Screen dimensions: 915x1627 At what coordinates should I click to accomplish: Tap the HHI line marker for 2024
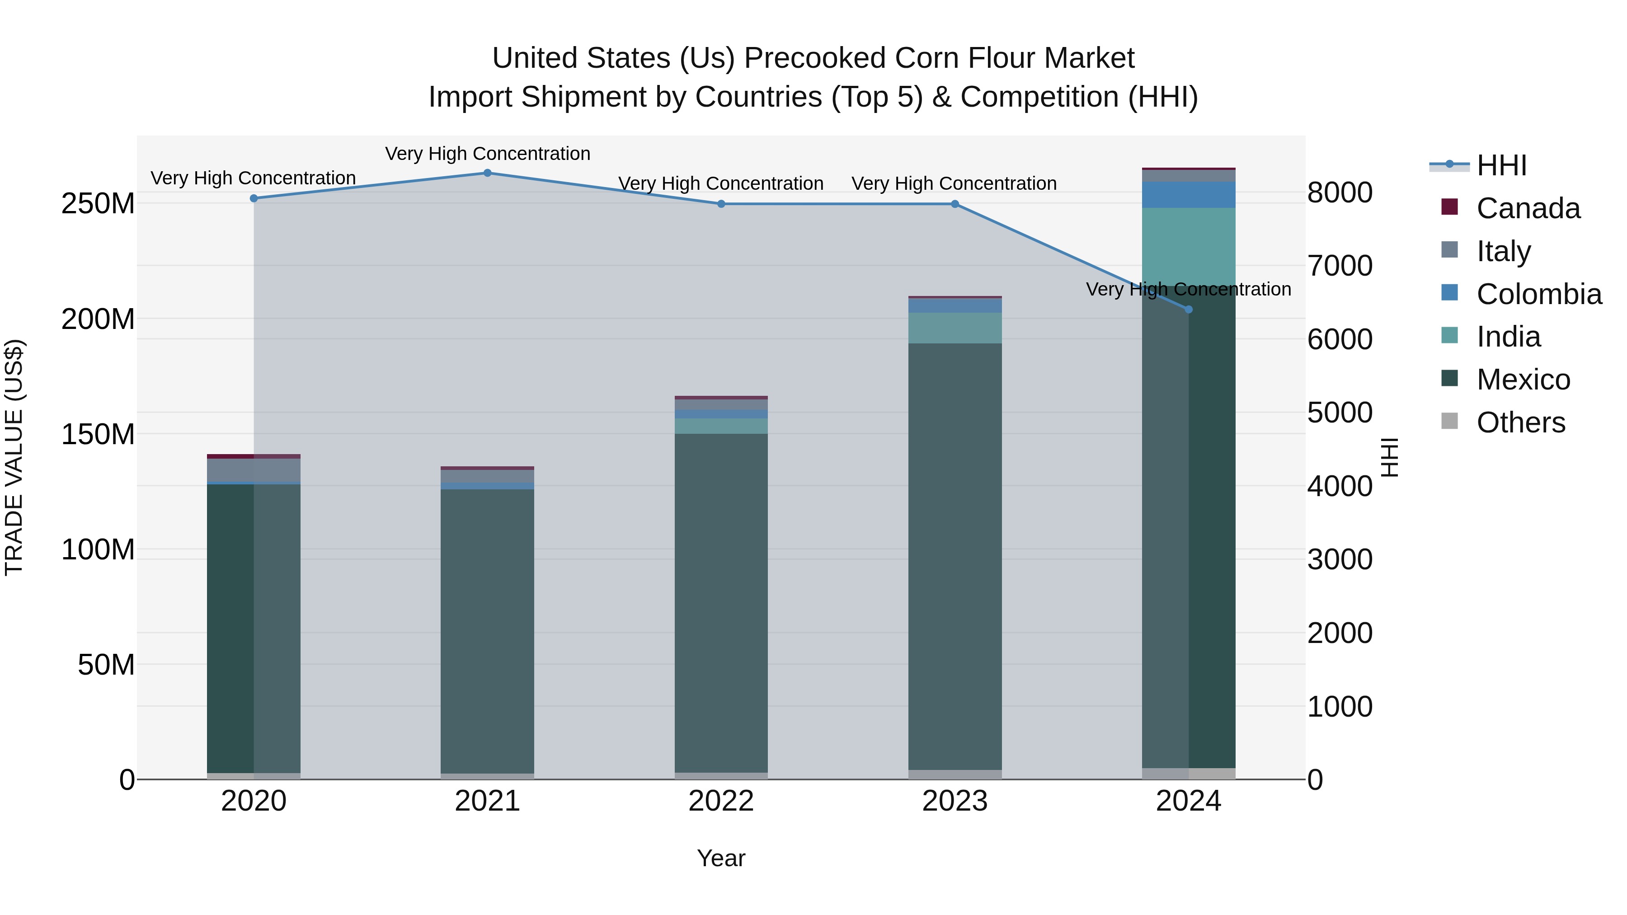tap(1188, 310)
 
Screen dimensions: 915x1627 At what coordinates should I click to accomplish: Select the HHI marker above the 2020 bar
tap(254, 198)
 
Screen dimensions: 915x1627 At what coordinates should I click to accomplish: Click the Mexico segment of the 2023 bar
tap(955, 556)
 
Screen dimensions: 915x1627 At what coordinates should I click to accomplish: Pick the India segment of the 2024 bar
tap(1188, 246)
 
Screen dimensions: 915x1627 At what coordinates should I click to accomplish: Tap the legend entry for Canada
tap(1528, 208)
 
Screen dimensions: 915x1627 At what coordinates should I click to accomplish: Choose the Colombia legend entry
tap(1538, 294)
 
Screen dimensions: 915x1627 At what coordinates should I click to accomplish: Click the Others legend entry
tap(1520, 422)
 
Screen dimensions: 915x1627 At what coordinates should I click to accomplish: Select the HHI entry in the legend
tap(1501, 165)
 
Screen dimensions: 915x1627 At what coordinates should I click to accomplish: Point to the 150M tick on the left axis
tap(98, 434)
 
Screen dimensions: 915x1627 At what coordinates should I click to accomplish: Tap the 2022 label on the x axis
tap(721, 801)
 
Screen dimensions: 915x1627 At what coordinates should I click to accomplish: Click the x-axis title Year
tap(721, 858)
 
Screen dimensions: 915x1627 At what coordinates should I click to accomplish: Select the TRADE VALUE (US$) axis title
tap(14, 457)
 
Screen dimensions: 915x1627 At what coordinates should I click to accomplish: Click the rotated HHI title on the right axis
tap(1390, 457)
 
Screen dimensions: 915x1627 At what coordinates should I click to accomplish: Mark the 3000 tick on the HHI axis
tap(1340, 559)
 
